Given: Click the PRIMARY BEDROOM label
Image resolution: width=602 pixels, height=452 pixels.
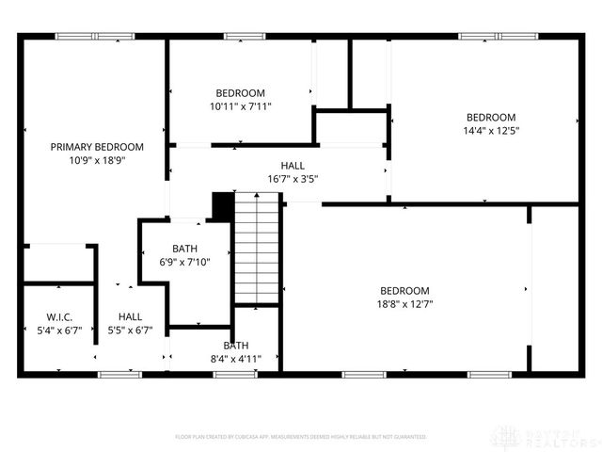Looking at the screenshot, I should tap(97, 147).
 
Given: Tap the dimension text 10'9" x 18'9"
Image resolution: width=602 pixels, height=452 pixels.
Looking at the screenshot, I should tap(97, 160).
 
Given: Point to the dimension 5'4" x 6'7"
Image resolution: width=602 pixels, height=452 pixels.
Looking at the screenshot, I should tap(59, 331).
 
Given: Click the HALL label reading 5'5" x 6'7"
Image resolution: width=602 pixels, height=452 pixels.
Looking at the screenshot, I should tap(131, 317).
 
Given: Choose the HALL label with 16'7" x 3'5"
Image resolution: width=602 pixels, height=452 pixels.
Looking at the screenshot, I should tap(293, 166).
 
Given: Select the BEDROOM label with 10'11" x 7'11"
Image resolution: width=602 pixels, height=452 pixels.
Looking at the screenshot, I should tap(240, 93).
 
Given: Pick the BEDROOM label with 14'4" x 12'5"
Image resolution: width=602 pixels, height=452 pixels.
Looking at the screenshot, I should tap(491, 118).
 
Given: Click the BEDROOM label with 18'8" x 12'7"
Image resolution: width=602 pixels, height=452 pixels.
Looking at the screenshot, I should tap(404, 291).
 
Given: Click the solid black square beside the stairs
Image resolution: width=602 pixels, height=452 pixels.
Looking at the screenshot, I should tap(223, 206).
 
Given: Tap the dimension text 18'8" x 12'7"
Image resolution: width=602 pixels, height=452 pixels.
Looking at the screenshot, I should tap(404, 304).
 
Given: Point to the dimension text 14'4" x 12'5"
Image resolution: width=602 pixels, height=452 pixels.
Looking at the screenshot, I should tap(491, 131).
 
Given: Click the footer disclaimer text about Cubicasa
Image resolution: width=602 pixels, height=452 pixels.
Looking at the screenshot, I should tap(301, 437).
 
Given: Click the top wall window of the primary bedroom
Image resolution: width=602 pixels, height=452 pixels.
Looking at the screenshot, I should tap(94, 37).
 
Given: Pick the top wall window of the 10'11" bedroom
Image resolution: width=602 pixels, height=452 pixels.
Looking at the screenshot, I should tap(243, 37).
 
